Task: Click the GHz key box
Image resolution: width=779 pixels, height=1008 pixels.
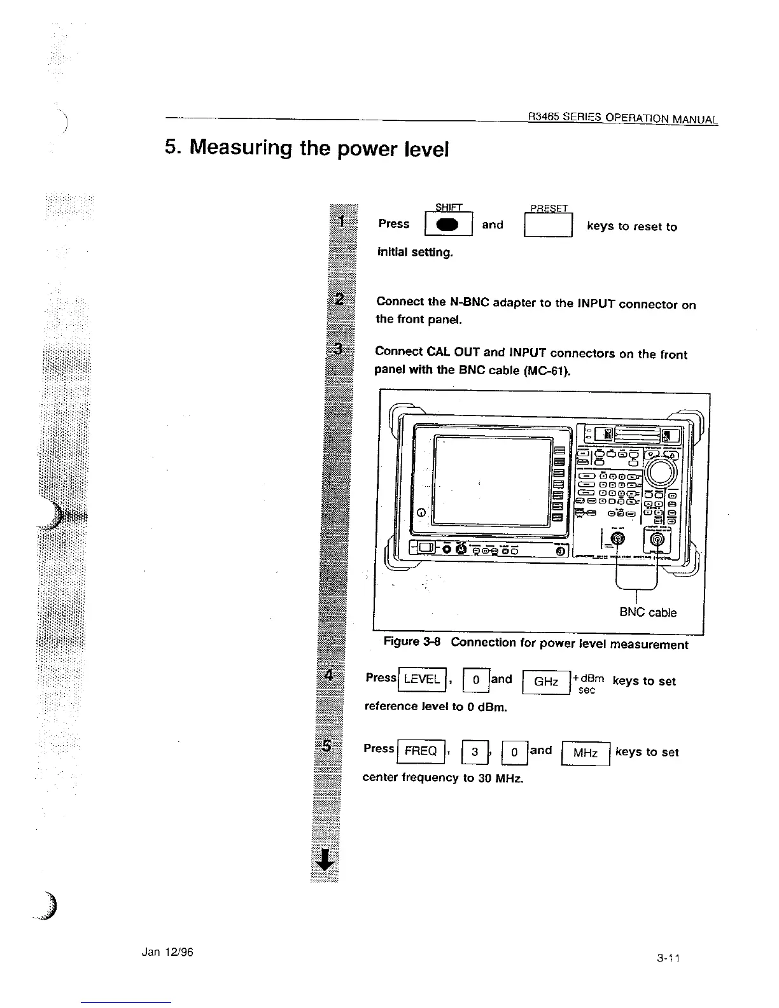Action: pyautogui.click(x=546, y=682)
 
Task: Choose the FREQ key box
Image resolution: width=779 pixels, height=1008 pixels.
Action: pyautogui.click(x=420, y=751)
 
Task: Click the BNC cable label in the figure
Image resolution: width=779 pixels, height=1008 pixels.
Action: pyautogui.click(x=648, y=612)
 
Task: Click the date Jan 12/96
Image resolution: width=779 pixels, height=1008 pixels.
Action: pyautogui.click(x=167, y=952)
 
